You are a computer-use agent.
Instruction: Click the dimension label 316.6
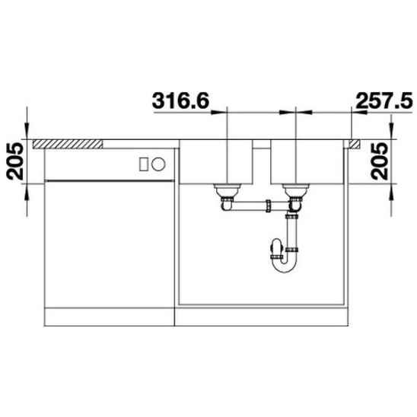pyautogui.click(x=180, y=100)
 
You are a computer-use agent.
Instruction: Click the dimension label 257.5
pyautogui.click(x=384, y=100)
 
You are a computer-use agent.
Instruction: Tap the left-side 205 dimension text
pyautogui.click(x=15, y=161)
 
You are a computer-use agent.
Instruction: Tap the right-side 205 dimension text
pyautogui.click(x=380, y=161)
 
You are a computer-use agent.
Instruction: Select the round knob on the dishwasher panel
pyautogui.click(x=158, y=164)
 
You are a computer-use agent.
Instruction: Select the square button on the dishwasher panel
pyautogui.click(x=144, y=164)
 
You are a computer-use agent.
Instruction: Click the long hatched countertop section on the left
pyautogui.click(x=68, y=144)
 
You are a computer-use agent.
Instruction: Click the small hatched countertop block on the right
pyautogui.click(x=355, y=144)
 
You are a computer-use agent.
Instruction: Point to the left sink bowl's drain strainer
pyautogui.click(x=228, y=189)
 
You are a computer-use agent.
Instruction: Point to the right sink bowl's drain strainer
pyautogui.click(x=296, y=189)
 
